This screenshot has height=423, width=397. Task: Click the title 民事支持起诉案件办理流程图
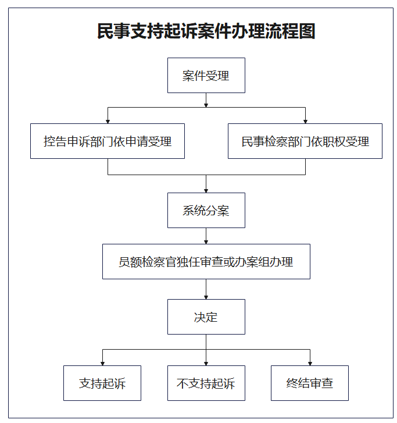[206, 31]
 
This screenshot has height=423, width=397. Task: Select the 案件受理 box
[206, 75]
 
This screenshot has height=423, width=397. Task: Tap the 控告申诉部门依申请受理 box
[108, 141]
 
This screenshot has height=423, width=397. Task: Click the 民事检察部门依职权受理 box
[305, 141]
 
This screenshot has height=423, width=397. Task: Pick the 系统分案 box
[206, 210]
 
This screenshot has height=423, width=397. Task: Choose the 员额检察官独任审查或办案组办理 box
[206, 261]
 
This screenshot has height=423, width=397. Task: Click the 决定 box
[206, 317]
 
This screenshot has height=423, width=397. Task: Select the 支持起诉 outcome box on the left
[102, 383]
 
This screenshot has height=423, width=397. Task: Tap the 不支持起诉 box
[206, 383]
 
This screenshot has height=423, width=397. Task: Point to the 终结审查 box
[310, 383]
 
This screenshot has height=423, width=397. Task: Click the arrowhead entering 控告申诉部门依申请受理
[108, 122]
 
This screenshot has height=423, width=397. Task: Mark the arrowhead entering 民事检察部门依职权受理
[305, 122]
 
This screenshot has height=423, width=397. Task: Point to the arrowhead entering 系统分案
[206, 191]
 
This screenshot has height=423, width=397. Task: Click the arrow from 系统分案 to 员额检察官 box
[206, 236]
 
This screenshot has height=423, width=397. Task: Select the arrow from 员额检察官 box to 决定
[206, 289]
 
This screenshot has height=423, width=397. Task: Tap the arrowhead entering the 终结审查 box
[310, 364]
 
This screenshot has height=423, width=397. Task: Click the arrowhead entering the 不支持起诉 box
[206, 364]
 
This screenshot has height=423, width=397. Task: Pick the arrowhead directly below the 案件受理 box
[206, 105]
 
